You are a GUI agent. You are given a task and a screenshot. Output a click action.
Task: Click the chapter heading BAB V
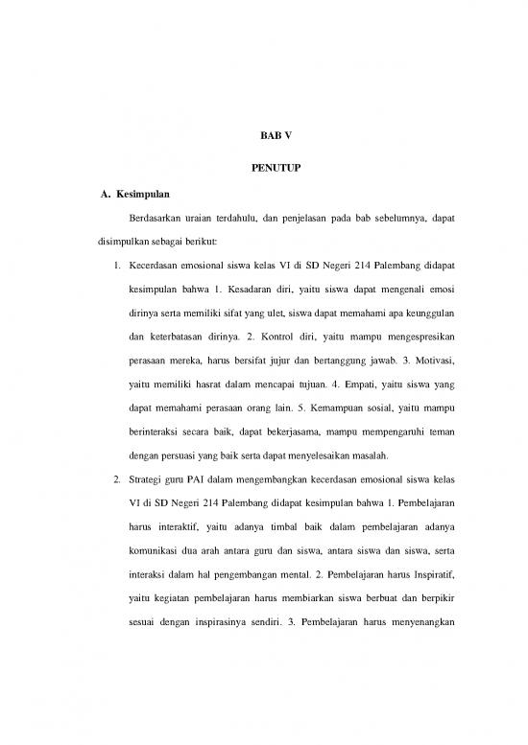click(x=264, y=136)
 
